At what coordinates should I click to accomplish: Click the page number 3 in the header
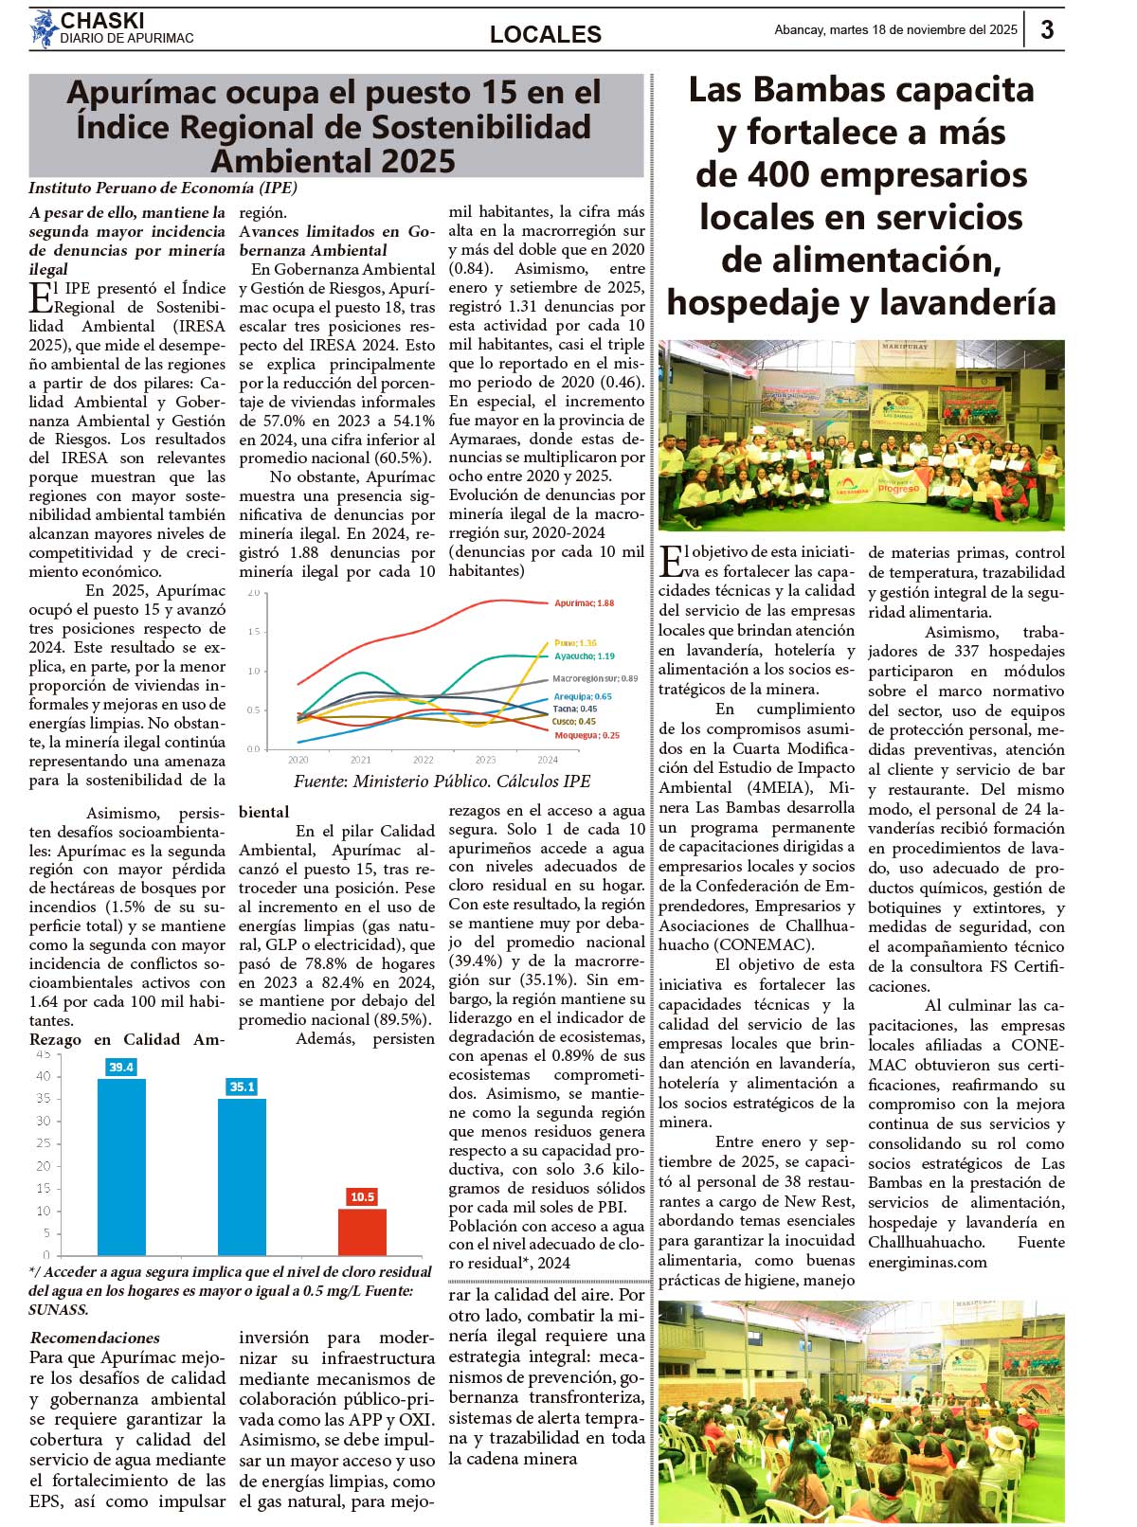click(1047, 29)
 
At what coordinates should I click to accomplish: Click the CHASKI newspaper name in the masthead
click(102, 21)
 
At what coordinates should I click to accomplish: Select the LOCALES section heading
click(545, 35)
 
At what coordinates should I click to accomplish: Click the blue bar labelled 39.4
click(121, 1165)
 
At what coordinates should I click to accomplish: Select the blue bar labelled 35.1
click(242, 1175)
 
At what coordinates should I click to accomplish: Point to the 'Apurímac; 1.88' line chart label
click(584, 603)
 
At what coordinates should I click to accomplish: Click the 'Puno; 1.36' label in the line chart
click(575, 643)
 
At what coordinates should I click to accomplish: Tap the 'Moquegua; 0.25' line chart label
click(587, 735)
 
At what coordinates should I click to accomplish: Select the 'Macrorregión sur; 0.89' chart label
click(594, 678)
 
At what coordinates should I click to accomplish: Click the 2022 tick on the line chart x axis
click(423, 760)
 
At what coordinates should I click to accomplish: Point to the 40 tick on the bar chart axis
click(44, 1076)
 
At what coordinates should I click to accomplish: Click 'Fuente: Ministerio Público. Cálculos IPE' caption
click(442, 781)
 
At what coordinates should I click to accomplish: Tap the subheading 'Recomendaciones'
click(95, 1338)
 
